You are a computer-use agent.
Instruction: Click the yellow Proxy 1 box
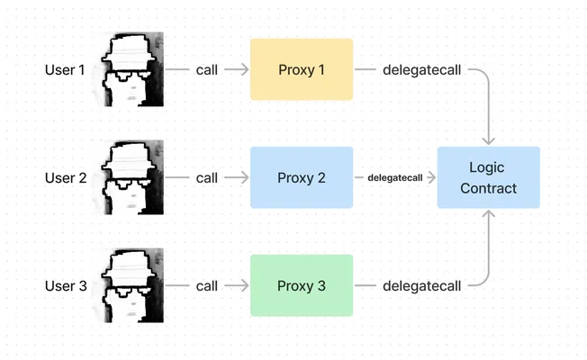coord(302,69)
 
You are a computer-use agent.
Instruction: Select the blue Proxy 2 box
coord(302,177)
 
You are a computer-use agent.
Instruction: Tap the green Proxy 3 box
coord(302,285)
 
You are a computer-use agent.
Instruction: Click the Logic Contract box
coord(489,177)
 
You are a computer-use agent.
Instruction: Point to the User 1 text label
coord(65,70)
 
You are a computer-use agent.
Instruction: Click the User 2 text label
coord(66,178)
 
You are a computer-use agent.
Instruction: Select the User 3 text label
coord(66,286)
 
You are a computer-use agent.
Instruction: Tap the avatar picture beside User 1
coord(131,69)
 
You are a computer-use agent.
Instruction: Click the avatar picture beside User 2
coord(131,177)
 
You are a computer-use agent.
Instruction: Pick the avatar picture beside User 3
coord(131,285)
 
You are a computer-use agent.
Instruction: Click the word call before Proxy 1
coord(207,70)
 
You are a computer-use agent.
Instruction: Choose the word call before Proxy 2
coord(207,178)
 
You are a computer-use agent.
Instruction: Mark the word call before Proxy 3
coord(207,286)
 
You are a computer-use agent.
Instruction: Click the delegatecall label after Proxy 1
coord(422,70)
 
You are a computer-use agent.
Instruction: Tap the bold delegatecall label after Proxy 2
coord(395,178)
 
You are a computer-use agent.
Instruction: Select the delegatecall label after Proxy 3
coord(422,286)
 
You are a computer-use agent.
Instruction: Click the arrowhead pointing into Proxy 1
coord(245,69)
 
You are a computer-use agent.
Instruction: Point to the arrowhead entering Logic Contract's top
coord(489,141)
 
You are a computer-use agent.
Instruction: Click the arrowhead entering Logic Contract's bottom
coord(489,213)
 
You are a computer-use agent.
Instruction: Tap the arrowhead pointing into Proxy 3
coord(245,285)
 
